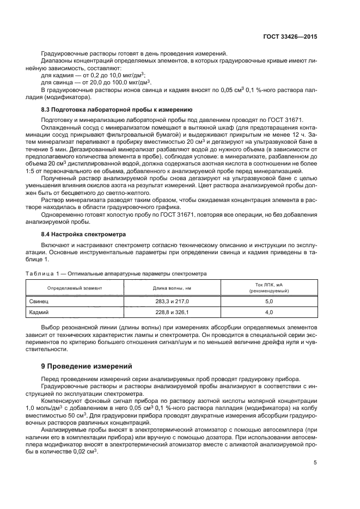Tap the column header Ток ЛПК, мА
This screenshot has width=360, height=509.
tap(269, 284)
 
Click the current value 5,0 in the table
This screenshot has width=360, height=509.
tap(269, 301)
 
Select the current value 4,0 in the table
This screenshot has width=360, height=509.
tap(269, 312)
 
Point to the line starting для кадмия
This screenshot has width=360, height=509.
tap(92, 75)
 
